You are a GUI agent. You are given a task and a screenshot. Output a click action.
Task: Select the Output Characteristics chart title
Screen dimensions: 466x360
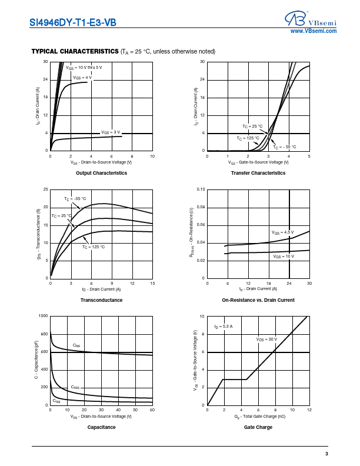[x=101, y=173]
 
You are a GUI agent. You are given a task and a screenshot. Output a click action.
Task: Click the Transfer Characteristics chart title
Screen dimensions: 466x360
[x=258, y=173]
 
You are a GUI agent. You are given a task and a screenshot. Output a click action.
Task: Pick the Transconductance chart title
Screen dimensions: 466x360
[x=101, y=300]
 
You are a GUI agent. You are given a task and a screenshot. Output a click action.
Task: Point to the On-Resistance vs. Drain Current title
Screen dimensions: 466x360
[x=258, y=300]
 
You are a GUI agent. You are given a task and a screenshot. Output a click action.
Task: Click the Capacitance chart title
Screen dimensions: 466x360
[x=101, y=427]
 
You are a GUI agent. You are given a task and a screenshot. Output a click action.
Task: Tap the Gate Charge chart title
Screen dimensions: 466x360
[x=258, y=427]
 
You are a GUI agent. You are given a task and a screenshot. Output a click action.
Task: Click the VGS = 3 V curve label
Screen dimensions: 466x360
[x=111, y=132]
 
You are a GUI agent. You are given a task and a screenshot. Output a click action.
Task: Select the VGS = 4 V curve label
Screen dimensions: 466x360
[x=82, y=78]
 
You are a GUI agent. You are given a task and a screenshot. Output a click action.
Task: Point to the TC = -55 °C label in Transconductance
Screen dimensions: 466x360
[x=75, y=199]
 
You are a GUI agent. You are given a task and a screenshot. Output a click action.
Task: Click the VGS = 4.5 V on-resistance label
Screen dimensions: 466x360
[x=282, y=233]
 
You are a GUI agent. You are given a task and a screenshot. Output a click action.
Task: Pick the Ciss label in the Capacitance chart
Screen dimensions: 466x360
[x=76, y=345]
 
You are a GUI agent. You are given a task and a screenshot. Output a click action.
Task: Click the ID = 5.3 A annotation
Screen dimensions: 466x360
[x=224, y=325]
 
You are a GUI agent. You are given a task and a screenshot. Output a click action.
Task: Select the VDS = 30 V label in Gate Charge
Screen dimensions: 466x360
[x=266, y=339]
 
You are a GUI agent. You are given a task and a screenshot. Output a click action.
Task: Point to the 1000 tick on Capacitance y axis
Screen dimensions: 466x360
[x=44, y=316]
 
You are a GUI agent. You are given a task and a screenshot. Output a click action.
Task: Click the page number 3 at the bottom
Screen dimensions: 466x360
[x=326, y=454]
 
